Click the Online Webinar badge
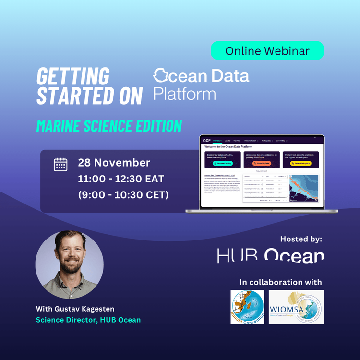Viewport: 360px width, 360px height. [x=267, y=51]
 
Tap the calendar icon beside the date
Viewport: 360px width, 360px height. [x=60, y=164]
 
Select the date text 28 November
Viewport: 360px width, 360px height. [x=114, y=163]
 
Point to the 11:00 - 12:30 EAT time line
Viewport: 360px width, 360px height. [x=121, y=179]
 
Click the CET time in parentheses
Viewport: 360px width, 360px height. [x=123, y=195]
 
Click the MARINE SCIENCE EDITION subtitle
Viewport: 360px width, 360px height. [x=109, y=126]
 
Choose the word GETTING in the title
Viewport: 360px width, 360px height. [x=73, y=77]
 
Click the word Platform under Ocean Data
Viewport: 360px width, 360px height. [x=184, y=93]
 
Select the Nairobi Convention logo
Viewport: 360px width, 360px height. [x=247, y=307]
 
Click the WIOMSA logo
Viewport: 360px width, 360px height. [x=296, y=307]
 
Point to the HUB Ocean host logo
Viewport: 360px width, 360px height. [x=270, y=256]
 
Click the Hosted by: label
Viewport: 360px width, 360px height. [x=301, y=239]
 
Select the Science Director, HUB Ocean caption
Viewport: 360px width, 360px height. [x=88, y=320]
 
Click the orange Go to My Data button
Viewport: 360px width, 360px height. [x=262, y=163]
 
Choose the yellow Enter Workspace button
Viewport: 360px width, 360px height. [x=301, y=163]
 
